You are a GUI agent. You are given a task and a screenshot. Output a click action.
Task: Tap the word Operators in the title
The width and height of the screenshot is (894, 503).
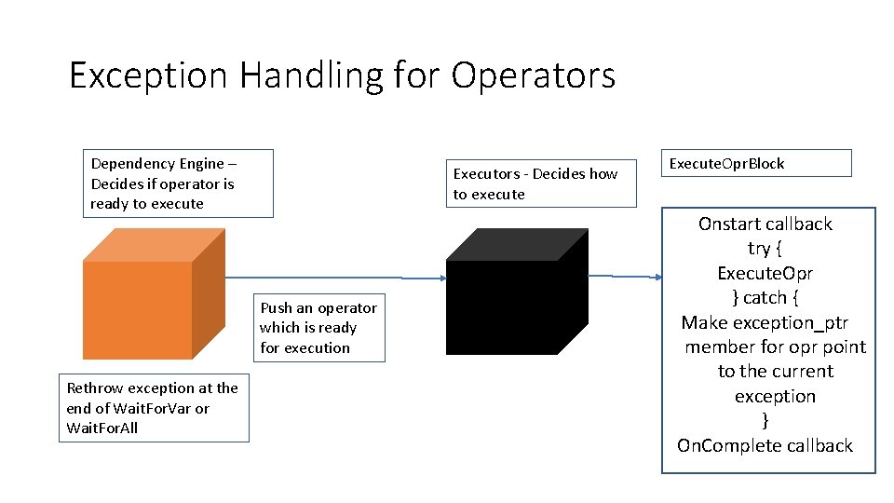coord(534,75)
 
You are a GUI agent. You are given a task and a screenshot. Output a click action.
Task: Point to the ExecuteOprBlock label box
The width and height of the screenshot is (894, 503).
coord(755,163)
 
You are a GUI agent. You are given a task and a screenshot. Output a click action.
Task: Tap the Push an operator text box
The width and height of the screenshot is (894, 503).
coord(318,328)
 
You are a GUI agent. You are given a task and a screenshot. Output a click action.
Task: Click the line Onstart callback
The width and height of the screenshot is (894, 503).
coord(765,224)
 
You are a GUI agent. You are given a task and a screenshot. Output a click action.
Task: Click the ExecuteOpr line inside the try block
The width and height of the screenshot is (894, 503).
coord(765,273)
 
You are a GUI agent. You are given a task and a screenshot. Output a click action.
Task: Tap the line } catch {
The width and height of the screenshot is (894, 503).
coord(765,297)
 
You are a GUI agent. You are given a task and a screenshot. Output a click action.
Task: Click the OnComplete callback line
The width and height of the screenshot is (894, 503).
coord(765,445)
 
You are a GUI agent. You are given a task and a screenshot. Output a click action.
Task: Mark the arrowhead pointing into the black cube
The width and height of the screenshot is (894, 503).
coord(440,278)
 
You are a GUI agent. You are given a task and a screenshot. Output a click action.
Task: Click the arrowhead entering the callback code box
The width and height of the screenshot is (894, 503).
coord(657,277)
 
